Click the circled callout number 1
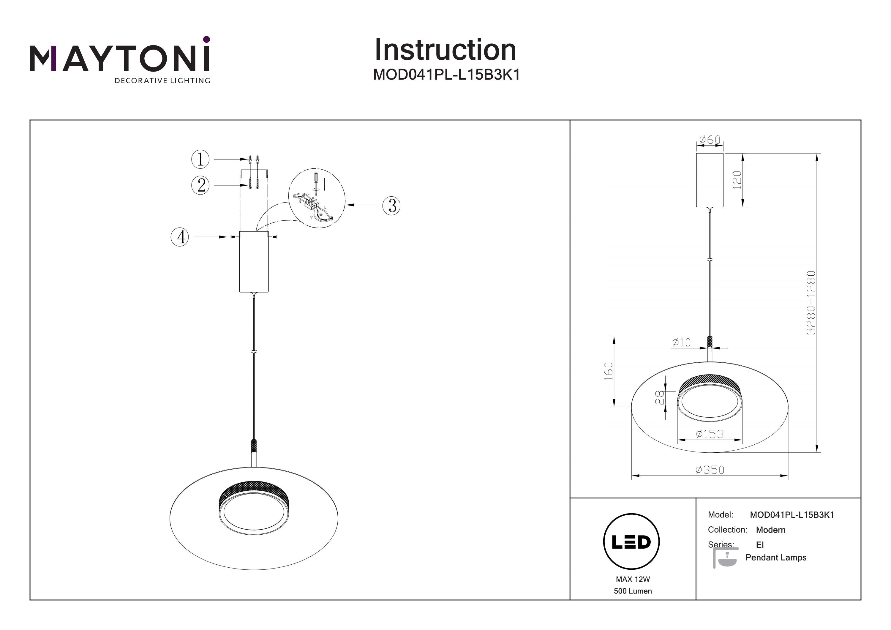click(x=200, y=159)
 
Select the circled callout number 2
click(x=200, y=185)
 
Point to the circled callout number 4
click(x=180, y=237)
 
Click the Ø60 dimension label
click(x=710, y=140)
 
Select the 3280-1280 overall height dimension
click(x=811, y=303)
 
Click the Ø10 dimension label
click(x=681, y=342)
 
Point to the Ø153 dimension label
click(x=710, y=434)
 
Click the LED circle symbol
click(x=631, y=541)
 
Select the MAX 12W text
click(x=633, y=580)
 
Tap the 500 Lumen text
click(x=633, y=591)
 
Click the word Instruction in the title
click(x=445, y=50)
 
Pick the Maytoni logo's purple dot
click(x=206, y=39)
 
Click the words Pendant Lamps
click(x=776, y=558)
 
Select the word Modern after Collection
click(x=770, y=530)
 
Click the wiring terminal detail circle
click(x=317, y=199)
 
